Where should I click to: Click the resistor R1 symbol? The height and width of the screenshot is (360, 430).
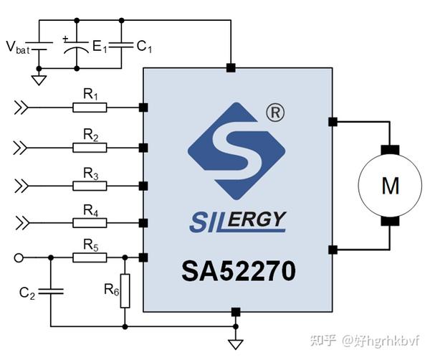click(x=90, y=108)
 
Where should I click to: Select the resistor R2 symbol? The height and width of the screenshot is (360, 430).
click(x=90, y=147)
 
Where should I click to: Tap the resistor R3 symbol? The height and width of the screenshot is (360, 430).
click(x=90, y=186)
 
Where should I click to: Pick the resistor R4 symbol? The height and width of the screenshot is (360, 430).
click(x=90, y=222)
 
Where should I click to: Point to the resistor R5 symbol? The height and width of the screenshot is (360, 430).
click(x=90, y=257)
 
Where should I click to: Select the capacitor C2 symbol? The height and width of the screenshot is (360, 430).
click(x=50, y=292)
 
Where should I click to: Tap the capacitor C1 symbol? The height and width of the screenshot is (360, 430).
click(x=121, y=45)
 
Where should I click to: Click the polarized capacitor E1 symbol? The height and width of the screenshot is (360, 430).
click(x=77, y=47)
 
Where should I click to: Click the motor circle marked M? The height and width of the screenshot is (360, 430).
click(x=389, y=186)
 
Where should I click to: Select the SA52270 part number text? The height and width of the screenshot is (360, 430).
click(x=237, y=272)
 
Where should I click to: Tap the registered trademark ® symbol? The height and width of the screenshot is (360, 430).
click(x=273, y=113)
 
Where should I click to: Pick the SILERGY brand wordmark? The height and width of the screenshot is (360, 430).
click(x=237, y=220)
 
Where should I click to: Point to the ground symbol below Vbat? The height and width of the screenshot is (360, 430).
click(x=39, y=80)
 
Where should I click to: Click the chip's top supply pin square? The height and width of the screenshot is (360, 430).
click(x=230, y=68)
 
